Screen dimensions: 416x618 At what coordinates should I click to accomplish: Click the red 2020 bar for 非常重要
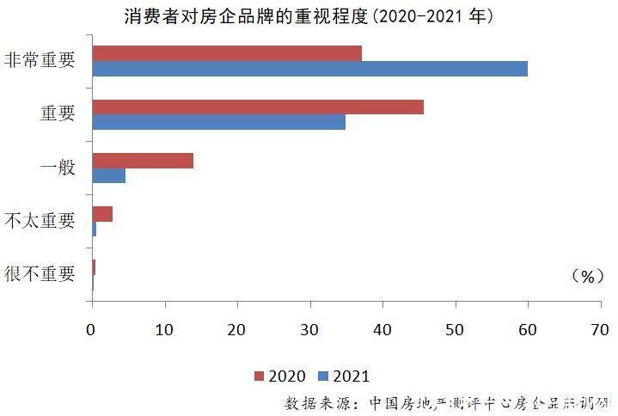coord(227,53)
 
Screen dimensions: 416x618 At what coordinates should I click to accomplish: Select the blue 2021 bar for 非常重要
coord(309,69)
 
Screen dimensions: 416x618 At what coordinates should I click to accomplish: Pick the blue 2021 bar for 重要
coord(218,122)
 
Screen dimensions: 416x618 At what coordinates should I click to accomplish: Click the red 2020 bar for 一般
coord(143,161)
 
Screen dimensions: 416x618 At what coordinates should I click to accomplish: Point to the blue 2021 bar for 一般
coord(109,176)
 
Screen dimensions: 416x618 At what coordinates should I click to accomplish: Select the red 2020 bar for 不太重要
coord(102,214)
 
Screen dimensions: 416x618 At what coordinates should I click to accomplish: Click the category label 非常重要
coord(40,61)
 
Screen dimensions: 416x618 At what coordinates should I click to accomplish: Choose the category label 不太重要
coord(40,221)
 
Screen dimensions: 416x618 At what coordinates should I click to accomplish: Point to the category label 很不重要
coord(40,274)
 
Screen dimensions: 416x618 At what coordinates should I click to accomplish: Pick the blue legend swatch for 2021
coord(324,376)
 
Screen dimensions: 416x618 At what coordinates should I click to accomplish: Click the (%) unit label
coord(588,276)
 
